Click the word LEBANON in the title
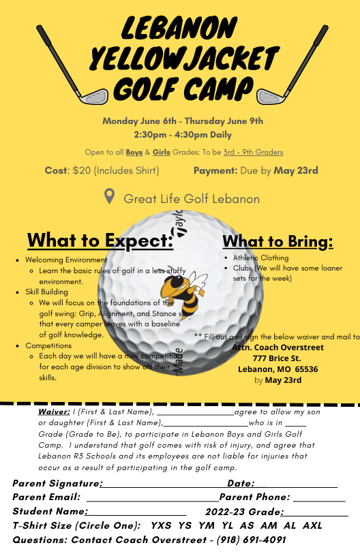(179, 27)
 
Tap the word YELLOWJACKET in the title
(180, 59)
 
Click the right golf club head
(269, 95)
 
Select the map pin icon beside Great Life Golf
(109, 197)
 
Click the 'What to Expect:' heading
(100, 241)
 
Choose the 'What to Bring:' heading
(277, 242)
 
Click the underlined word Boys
(134, 152)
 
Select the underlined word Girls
(162, 152)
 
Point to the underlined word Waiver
(54, 412)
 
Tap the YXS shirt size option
(161, 525)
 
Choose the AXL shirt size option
(312, 525)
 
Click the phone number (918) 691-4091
(252, 540)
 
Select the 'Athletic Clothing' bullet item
(260, 258)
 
